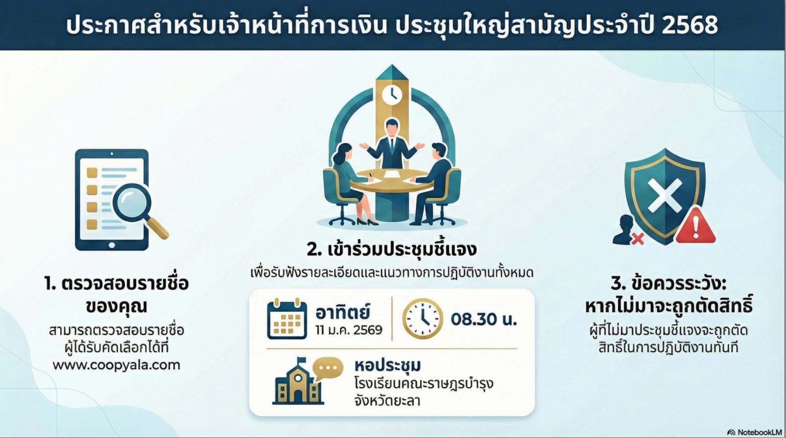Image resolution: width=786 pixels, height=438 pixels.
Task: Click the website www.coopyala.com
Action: (116, 365)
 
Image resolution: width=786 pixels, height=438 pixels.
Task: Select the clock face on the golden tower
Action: (392, 95)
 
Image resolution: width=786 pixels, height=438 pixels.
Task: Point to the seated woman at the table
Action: (351, 183)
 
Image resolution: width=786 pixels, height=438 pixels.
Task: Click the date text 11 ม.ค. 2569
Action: (348, 330)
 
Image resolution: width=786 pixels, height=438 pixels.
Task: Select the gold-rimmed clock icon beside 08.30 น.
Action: (422, 318)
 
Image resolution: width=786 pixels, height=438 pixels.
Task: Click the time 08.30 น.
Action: (484, 319)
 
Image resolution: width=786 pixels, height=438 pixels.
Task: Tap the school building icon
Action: (297, 383)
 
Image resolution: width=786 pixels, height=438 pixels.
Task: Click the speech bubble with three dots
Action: (327, 368)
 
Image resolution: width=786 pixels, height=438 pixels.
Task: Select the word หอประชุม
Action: (388, 365)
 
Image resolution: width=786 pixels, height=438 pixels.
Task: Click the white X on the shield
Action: (665, 195)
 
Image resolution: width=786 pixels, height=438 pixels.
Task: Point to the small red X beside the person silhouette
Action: (638, 239)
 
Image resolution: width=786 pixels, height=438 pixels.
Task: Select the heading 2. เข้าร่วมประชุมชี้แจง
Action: (392, 249)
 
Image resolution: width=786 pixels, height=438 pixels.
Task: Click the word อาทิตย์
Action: (343, 312)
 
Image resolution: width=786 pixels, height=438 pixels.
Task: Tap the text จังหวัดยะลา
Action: (388, 401)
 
